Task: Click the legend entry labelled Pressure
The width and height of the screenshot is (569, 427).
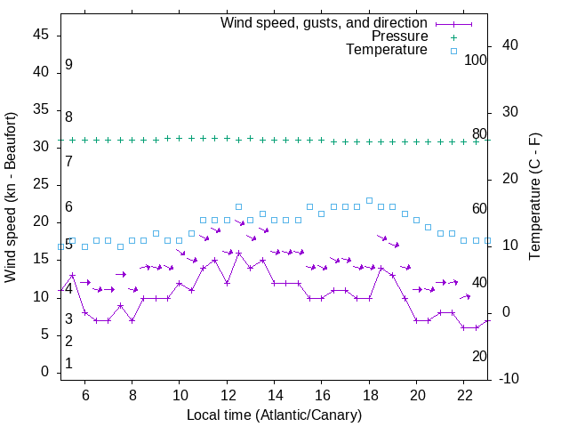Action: point(399,36)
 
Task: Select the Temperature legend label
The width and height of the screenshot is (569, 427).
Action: point(387,50)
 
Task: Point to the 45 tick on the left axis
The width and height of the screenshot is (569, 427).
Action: point(41,35)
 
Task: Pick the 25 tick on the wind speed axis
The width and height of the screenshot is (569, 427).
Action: point(41,184)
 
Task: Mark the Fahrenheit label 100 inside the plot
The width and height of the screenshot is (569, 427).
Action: point(476,60)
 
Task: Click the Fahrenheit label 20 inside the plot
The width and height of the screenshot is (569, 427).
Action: point(479,356)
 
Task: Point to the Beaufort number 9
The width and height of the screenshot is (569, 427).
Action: point(68,65)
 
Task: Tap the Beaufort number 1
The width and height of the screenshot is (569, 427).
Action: point(68,363)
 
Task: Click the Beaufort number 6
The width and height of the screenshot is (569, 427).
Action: point(68,207)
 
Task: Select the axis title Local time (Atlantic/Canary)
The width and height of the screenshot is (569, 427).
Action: point(274,415)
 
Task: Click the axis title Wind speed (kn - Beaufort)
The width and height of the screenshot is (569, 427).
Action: point(11,197)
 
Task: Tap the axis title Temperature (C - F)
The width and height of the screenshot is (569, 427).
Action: point(535,197)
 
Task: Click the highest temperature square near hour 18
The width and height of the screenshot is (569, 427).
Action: point(369,200)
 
